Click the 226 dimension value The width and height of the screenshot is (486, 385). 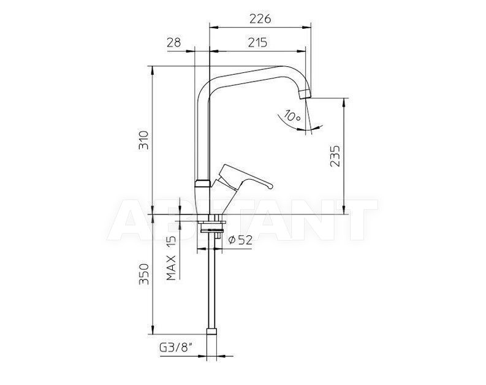[x=260, y=19]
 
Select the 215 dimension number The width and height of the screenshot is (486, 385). [x=257, y=42]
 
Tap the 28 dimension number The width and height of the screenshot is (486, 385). [x=173, y=42]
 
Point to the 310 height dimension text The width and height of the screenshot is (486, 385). [x=143, y=140]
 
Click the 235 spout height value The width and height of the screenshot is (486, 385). [x=335, y=156]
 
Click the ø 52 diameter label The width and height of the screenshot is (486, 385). [x=240, y=240]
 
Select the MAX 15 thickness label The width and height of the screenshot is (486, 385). [x=171, y=258]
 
